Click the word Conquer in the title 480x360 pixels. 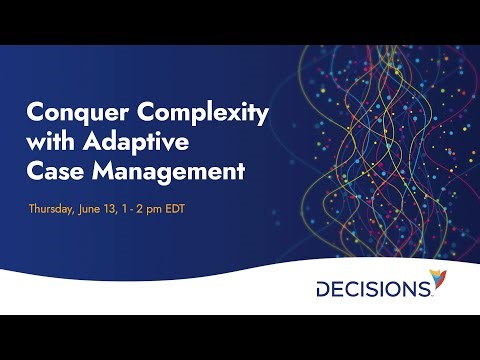pos(69,114)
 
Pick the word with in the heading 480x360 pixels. pos(49,142)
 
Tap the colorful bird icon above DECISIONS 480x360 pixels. pos(438,276)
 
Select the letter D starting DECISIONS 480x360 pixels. pos(324,289)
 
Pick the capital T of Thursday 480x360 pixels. pos(33,210)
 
